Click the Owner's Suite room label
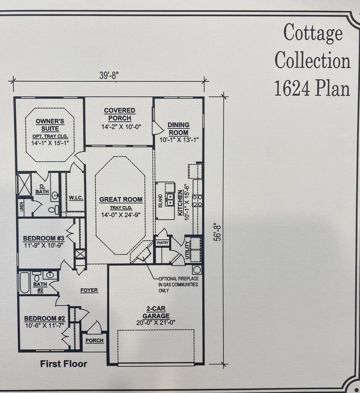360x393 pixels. [x=50, y=125]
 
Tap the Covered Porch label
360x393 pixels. [x=119, y=114]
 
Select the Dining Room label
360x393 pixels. [x=178, y=129]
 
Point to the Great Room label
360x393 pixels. [x=121, y=199]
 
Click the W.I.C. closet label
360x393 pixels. [x=75, y=197]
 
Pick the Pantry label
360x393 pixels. [x=162, y=243]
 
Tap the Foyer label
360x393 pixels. [x=89, y=290]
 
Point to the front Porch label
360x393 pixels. [x=94, y=340]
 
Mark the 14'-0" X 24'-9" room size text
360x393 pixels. [x=121, y=215]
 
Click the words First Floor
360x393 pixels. [x=63, y=364]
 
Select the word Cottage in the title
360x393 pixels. [x=313, y=33]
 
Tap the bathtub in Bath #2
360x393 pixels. [x=24, y=283]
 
